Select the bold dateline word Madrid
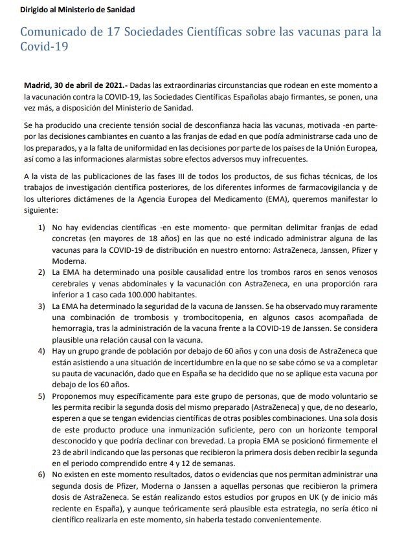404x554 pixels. (x=38, y=85)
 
